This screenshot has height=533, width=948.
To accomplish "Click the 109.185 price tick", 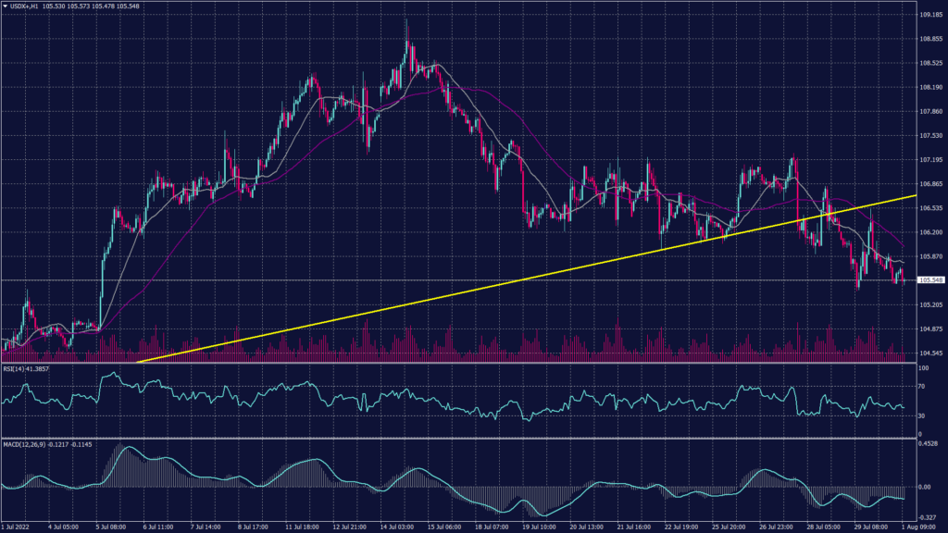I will point(931,15).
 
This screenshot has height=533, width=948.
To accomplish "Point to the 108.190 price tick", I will point(931,87).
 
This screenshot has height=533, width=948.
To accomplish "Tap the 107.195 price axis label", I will point(931,159).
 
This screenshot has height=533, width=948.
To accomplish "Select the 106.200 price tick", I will point(931,232).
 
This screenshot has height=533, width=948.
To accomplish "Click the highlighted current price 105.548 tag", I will point(930,279).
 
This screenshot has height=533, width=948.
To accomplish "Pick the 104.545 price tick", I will point(931,353).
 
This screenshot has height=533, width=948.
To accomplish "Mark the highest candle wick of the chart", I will point(407,18).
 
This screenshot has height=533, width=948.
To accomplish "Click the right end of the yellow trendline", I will point(916,196).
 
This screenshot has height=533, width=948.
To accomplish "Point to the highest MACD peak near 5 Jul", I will point(121,448).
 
